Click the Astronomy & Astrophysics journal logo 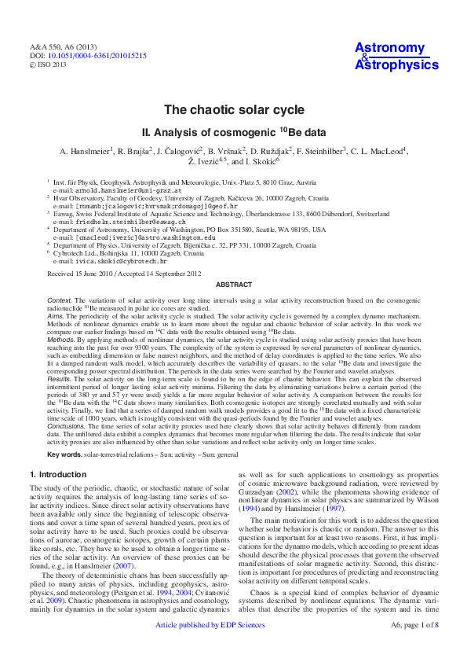coord(396,57)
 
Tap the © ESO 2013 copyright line coord(49,66)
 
